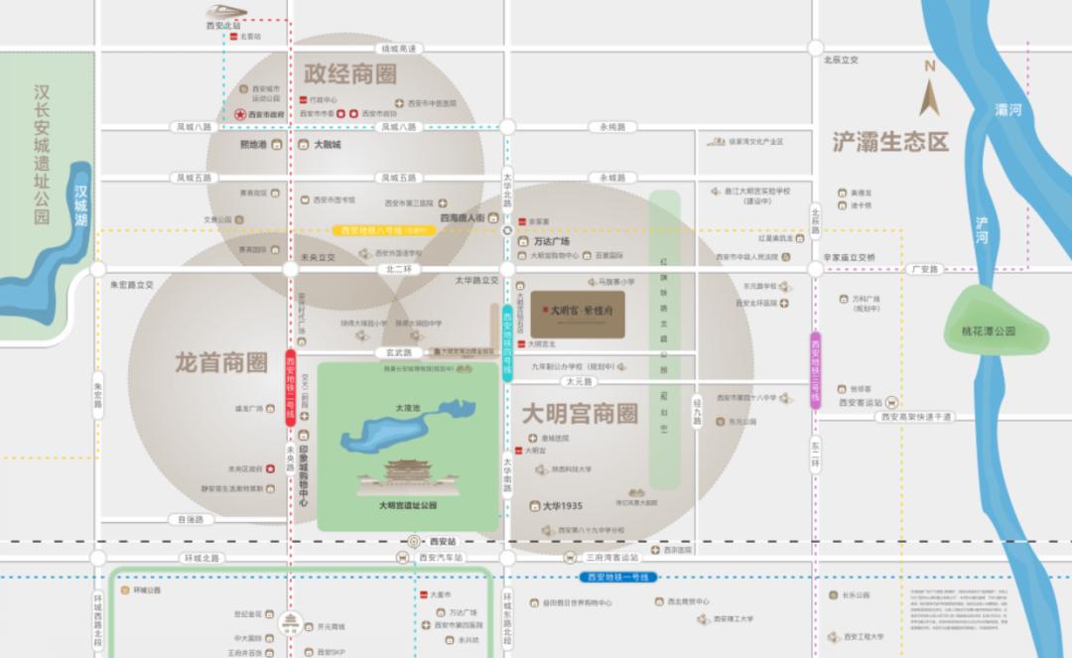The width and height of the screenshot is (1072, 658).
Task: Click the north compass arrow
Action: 930,94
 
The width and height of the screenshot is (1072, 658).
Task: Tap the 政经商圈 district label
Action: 350,74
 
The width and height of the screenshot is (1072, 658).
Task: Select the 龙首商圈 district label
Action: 220,361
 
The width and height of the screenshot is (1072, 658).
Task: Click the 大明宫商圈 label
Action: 580,414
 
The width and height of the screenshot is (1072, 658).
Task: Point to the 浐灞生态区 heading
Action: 890,142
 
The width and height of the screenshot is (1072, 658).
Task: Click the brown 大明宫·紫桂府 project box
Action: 577,314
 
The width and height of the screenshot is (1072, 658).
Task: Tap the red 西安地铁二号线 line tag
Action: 291,387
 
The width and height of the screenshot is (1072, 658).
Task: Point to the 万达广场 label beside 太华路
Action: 551,241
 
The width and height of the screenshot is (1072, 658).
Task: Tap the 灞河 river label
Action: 1008,110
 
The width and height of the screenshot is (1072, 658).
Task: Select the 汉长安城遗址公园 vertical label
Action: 42,154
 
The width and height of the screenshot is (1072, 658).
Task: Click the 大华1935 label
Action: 563,506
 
